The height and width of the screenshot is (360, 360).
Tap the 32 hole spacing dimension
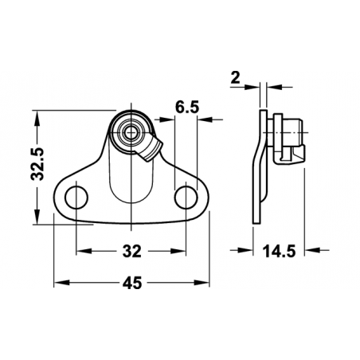[132, 252]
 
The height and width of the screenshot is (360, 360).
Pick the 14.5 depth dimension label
[279, 252]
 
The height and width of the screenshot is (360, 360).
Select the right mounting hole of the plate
[186, 196]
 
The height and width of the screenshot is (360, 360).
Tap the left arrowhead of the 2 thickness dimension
[256, 86]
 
